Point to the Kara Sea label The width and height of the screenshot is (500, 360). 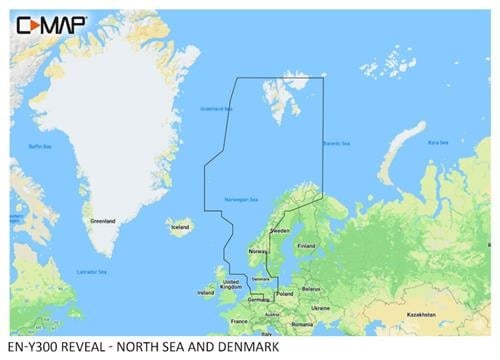click(437, 143)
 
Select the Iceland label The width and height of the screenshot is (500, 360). click(180, 227)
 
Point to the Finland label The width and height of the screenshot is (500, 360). click(306, 245)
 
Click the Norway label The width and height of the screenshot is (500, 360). click(257, 251)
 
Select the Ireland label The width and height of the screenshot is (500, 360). click(205, 293)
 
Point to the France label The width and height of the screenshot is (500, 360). click(239, 320)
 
